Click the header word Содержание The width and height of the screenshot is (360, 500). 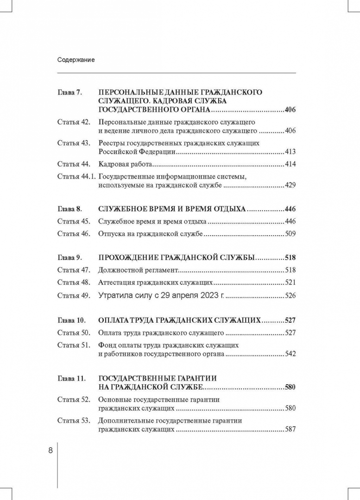click(x=76, y=60)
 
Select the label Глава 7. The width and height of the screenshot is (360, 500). click(x=69, y=93)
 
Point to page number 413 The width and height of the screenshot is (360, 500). click(x=291, y=151)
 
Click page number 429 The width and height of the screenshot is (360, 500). click(x=291, y=185)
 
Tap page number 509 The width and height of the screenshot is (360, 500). click(x=291, y=234)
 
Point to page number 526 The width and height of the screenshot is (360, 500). click(x=291, y=295)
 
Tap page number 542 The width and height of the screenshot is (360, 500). click(x=291, y=354)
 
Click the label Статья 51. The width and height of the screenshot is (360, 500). click(x=73, y=345)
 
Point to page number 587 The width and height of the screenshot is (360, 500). click(x=291, y=430)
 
